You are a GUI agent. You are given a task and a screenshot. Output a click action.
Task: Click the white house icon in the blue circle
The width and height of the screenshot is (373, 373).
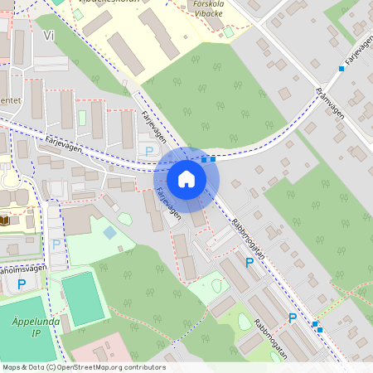coord(186,178)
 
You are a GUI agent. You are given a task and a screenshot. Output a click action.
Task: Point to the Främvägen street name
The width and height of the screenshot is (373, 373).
coord(329,103)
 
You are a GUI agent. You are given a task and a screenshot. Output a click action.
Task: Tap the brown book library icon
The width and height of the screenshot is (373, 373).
coord(6,221)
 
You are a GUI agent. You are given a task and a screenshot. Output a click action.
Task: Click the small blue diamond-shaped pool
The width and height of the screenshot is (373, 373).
coord(110,232)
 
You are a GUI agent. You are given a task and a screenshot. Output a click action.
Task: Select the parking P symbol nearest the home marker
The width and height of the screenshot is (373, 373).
coord(149,151)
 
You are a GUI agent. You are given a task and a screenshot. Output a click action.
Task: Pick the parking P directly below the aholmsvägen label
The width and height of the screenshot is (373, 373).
coord(22,284)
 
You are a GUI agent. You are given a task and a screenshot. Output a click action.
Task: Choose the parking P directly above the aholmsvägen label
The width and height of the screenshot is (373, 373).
coord(56,245)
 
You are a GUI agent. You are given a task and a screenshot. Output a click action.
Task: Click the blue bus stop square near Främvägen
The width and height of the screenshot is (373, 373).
coord(341,69)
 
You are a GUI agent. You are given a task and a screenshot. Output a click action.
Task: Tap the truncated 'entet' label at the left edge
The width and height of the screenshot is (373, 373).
coord(10,101)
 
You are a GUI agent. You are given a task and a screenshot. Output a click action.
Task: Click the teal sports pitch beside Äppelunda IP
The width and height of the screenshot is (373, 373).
coord(82,298)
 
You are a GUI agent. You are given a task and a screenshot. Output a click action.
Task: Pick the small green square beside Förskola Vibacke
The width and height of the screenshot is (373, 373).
coord(228,31)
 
